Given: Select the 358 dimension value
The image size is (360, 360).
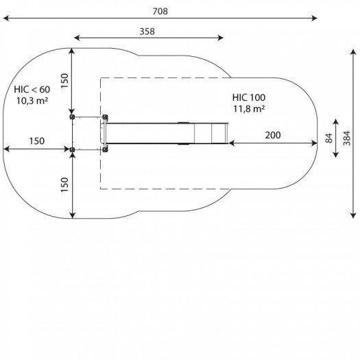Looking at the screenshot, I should (147, 32).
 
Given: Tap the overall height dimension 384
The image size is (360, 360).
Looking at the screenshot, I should (347, 138).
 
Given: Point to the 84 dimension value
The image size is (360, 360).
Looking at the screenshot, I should (329, 138).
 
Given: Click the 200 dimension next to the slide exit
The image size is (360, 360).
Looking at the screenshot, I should (272, 136).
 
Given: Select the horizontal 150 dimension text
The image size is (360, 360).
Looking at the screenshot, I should (37, 141).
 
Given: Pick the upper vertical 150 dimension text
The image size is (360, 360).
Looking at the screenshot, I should (64, 81).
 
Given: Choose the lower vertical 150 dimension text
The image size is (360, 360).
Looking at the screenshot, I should (64, 185).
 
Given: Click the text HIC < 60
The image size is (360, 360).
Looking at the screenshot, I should (32, 89).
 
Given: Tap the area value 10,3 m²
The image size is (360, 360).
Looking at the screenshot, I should (32, 101).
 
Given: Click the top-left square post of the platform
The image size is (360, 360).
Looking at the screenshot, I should (72, 117).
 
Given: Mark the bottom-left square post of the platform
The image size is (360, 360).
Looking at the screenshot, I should (72, 149).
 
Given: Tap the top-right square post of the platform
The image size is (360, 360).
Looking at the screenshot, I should (104, 117).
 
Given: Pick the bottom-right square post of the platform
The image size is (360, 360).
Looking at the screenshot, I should (104, 149).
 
